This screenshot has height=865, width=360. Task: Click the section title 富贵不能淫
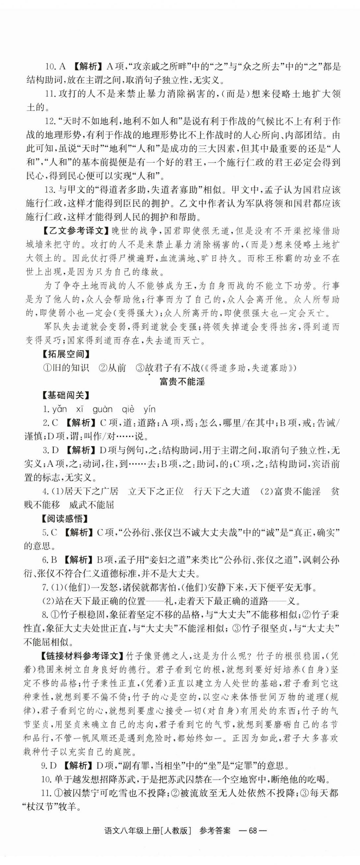(x=182, y=382)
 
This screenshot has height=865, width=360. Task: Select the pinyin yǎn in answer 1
(x=60, y=409)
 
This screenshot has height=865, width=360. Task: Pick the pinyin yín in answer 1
(x=150, y=409)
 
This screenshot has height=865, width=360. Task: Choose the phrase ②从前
(x=112, y=368)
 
